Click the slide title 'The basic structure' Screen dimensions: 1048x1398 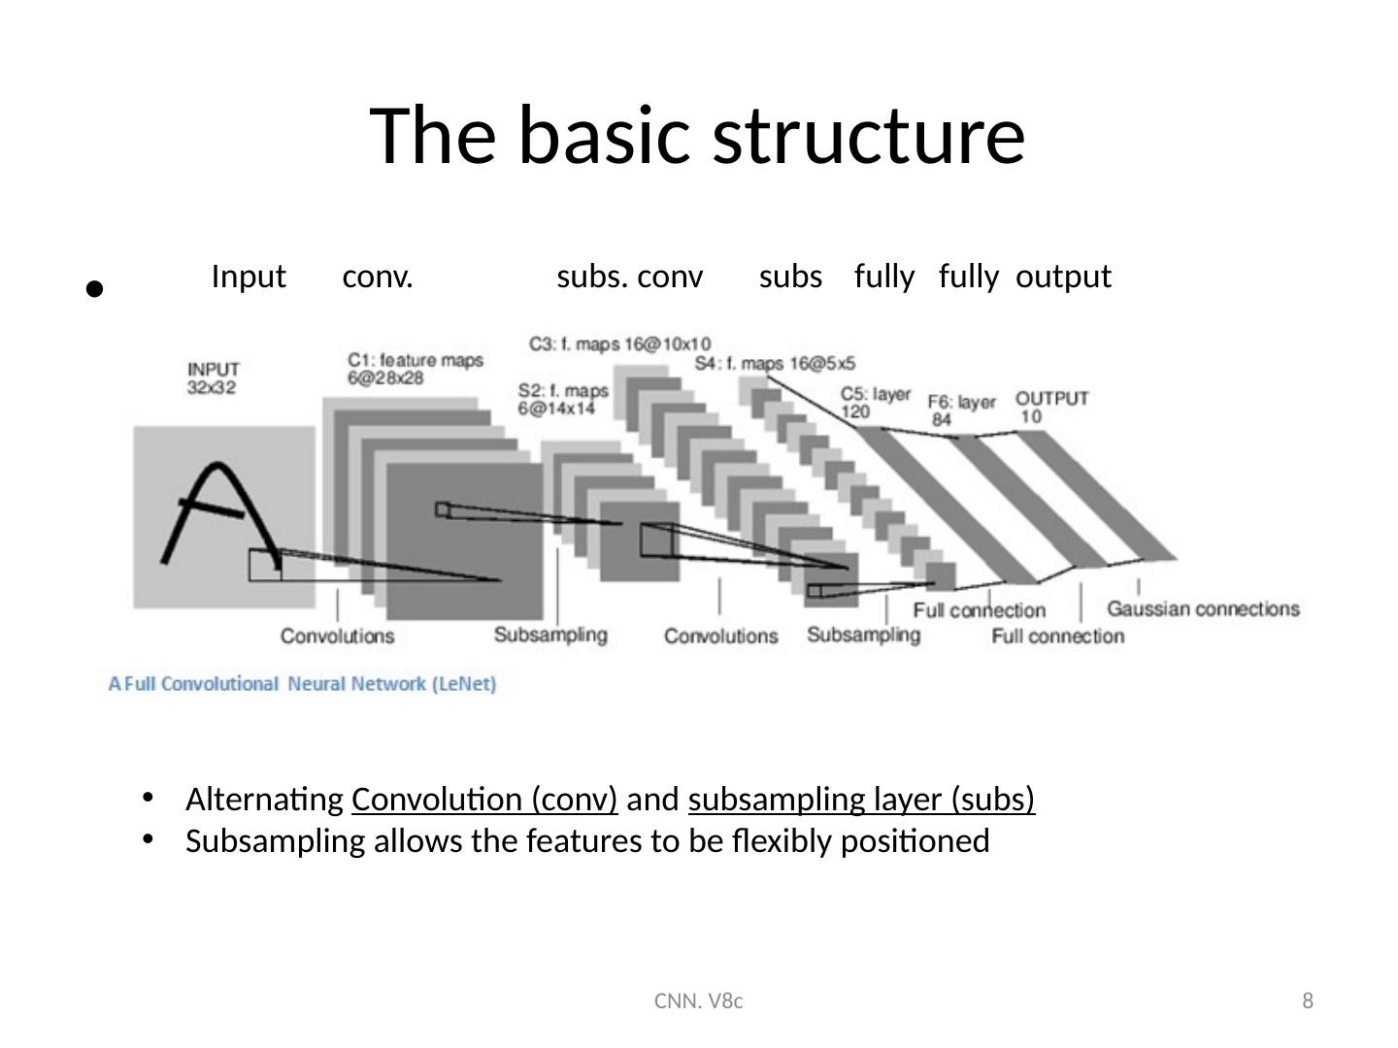coord(698,135)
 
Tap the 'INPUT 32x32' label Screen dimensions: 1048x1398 coord(214,377)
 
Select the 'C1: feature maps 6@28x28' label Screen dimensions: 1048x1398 coord(415,369)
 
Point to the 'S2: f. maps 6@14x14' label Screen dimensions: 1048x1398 coord(563,400)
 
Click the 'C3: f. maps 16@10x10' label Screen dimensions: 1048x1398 coord(619,344)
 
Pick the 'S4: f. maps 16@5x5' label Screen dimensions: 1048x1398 coord(775,364)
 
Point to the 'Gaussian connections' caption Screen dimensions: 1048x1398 coord(1202,609)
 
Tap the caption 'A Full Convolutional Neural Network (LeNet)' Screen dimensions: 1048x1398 coord(302,684)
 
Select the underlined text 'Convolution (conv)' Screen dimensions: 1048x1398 coord(484,800)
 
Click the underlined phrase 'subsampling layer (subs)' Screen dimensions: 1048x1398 coord(861,800)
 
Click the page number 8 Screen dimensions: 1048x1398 coord(1308,1000)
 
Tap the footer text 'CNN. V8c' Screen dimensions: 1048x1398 coord(698,1000)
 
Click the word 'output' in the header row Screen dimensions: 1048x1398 coord(1063,278)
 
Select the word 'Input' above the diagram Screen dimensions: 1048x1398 coord(249,278)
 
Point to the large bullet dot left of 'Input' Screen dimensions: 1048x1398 coord(93,287)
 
